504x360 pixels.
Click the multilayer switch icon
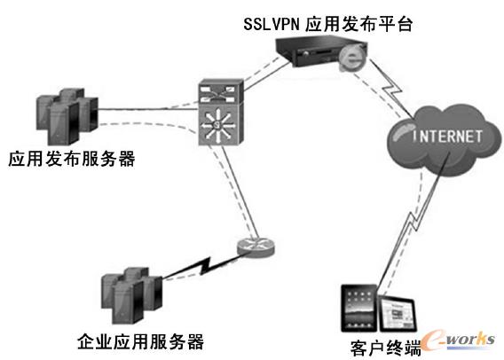(217, 113)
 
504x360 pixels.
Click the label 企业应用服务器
(140, 340)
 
